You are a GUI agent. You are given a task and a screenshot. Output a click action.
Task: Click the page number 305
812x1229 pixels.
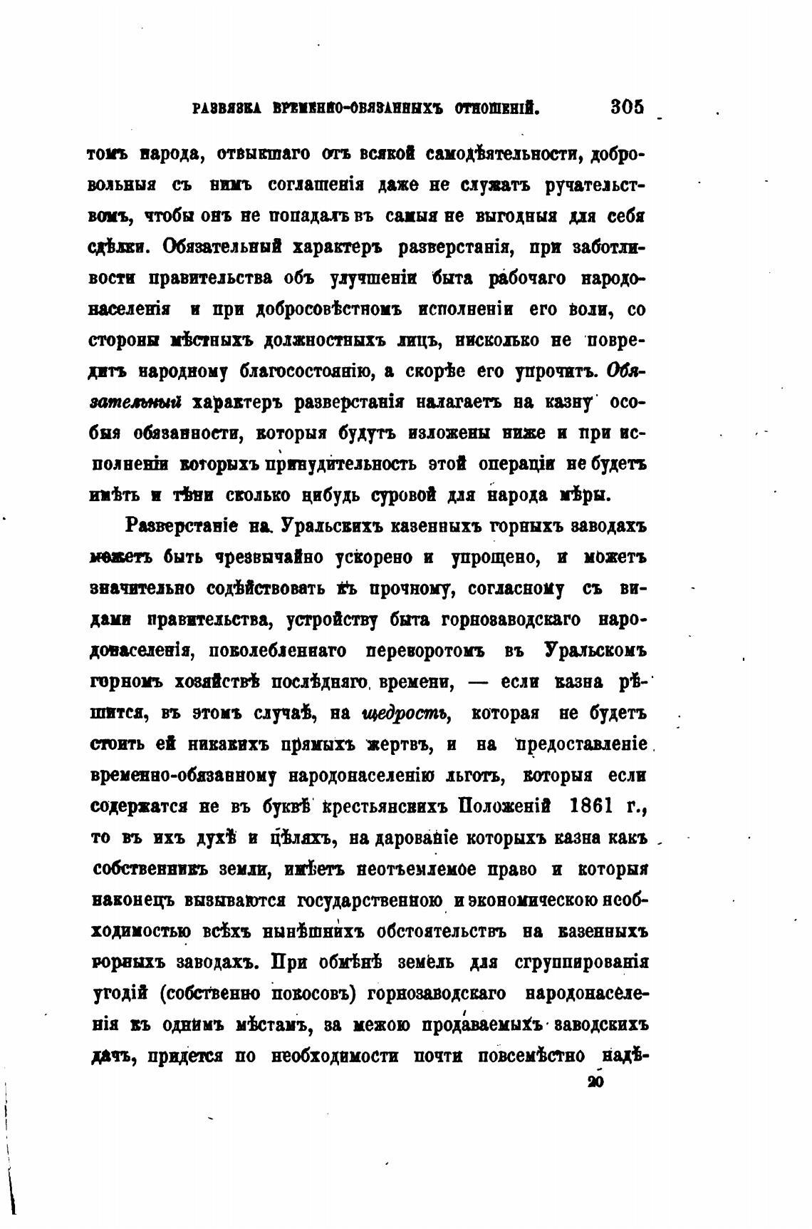pyautogui.click(x=627, y=108)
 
